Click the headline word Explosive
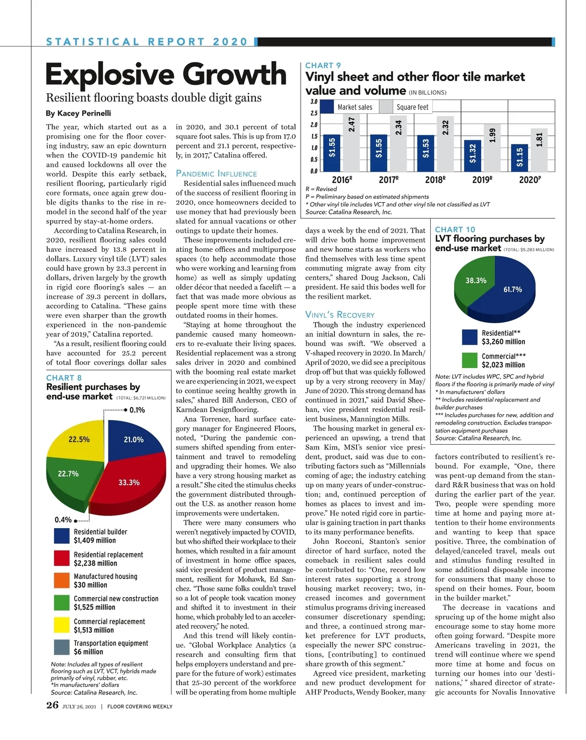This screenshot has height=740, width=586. tap(110, 75)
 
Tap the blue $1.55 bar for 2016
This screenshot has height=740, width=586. tap(332, 153)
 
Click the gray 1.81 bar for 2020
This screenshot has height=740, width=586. tap(539, 150)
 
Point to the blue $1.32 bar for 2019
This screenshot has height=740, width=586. tap(473, 155)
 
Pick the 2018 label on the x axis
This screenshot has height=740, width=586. tap(434, 180)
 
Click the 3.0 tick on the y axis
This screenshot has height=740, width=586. tap(314, 102)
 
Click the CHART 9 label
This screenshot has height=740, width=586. tap(323, 65)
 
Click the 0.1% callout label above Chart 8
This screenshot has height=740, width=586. tap(137, 410)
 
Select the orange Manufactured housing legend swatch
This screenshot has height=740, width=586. tap(62, 580)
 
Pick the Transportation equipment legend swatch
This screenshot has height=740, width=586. tap(62, 647)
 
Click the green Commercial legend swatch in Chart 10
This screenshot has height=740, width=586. tap(469, 360)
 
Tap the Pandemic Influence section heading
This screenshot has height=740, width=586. tap(216, 174)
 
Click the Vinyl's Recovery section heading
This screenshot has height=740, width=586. tap(340, 315)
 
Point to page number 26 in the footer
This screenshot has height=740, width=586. tap(52, 705)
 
